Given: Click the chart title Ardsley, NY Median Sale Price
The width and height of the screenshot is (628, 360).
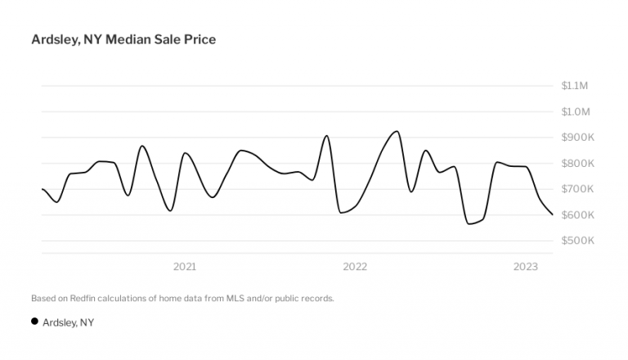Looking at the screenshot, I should [x=123, y=39].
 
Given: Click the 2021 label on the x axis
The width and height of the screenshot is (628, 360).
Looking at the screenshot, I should [x=185, y=267].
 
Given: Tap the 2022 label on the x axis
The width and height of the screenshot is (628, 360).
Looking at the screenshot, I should [x=355, y=267].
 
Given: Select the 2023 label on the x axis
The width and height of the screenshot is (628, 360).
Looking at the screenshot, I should [x=525, y=267].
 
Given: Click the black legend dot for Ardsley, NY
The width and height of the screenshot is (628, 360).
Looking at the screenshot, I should [x=34, y=322].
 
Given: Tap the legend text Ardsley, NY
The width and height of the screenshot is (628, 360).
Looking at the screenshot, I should [x=69, y=322].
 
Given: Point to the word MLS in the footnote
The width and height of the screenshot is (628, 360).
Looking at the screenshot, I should [x=228, y=298].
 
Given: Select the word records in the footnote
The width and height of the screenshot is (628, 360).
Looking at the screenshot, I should [x=316, y=298].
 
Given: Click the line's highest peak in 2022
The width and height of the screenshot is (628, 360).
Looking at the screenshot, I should [x=397, y=131].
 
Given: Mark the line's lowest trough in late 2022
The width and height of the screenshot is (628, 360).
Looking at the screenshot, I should [x=469, y=223].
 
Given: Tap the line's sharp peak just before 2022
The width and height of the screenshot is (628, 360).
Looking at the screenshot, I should [x=327, y=136].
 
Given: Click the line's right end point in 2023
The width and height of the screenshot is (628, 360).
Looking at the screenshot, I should [x=553, y=214].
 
